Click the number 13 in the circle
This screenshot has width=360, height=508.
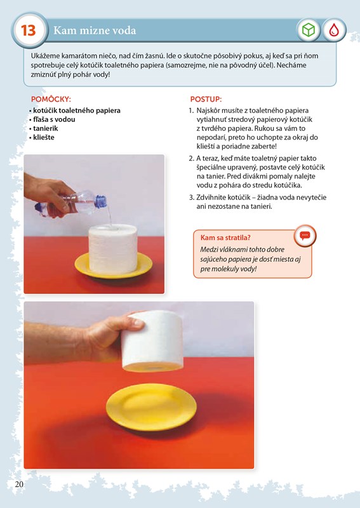29,30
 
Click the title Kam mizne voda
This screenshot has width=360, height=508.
95,30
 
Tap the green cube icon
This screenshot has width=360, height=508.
309,30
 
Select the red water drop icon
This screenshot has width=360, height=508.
334,30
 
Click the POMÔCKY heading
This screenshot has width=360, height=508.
51,99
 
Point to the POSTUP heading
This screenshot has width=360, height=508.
206,99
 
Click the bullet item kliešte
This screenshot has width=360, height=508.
44,137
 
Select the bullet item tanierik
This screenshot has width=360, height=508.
45,128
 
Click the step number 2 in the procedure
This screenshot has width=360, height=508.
191,158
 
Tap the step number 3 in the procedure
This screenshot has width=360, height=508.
191,197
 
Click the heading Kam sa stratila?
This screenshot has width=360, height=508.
225,237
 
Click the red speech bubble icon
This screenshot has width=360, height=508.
305,236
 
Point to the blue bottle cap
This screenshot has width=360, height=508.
101,201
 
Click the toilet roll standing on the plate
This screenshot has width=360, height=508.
113,250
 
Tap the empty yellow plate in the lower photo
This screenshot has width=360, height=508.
151,407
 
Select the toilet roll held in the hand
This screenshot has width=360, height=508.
152,341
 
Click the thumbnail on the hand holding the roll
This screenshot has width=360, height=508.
138,323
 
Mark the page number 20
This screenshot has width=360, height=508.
19,485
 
